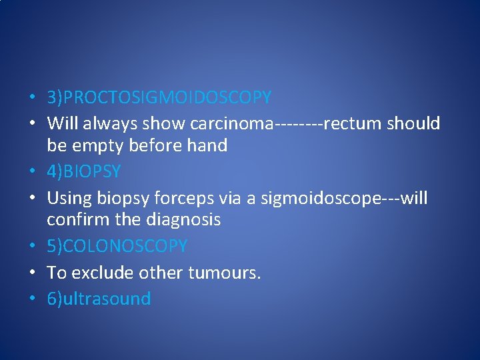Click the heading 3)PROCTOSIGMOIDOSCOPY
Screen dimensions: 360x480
159,98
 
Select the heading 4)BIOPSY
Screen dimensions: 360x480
83,172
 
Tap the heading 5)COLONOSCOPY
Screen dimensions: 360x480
117,247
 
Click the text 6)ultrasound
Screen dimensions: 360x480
99,299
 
